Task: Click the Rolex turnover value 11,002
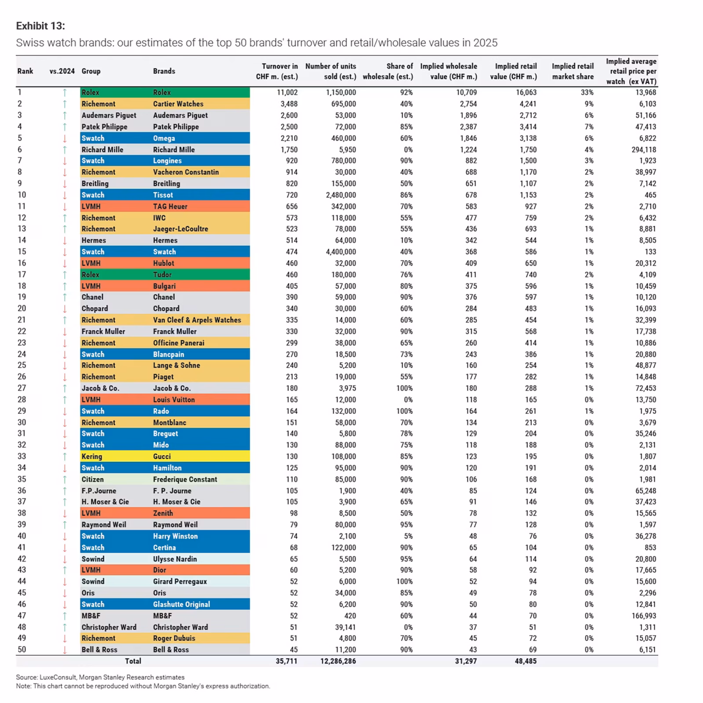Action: [x=287, y=92]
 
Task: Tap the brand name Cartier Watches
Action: [x=178, y=104]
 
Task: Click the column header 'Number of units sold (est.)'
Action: [x=330, y=71]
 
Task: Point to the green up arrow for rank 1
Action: [x=65, y=92]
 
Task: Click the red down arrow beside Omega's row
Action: [x=65, y=138]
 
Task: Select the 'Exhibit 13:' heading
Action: [x=40, y=26]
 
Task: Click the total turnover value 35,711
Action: [x=286, y=661]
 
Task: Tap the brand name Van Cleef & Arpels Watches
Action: [x=197, y=320]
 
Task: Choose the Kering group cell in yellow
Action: [x=91, y=456]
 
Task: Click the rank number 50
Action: [x=22, y=649]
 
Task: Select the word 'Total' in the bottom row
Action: [x=133, y=661]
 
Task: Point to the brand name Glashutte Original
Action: [x=181, y=604]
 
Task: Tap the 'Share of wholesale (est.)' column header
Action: [x=388, y=71]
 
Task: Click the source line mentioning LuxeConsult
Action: [x=100, y=677]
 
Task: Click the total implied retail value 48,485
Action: [x=525, y=661]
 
